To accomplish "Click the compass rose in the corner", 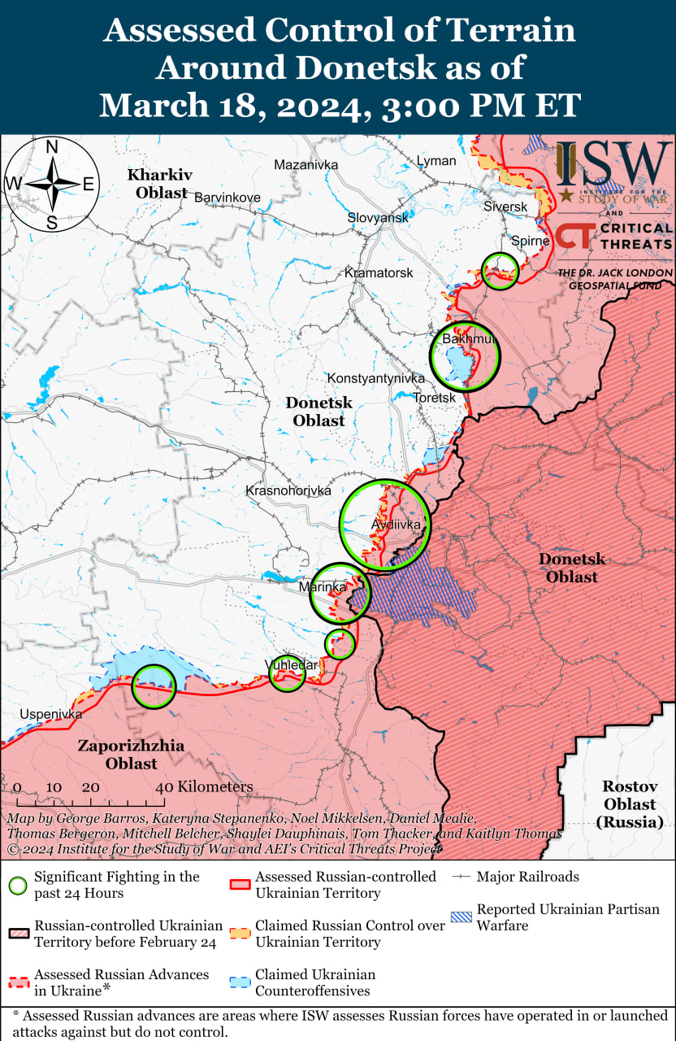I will click(x=51, y=185).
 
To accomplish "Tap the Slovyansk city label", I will click(x=378, y=218).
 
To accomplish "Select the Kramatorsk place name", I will click(x=379, y=272).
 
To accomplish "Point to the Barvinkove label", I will click(x=227, y=198).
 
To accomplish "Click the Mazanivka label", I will click(x=305, y=165).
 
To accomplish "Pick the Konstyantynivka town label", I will click(x=376, y=379).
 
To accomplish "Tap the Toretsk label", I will click(x=435, y=398).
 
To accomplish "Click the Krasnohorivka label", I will click(x=288, y=491).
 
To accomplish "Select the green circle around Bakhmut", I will click(x=465, y=357).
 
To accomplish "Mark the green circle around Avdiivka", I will click(x=384, y=525).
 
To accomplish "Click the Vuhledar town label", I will click(x=291, y=665).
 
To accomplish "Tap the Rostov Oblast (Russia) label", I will click(x=629, y=804).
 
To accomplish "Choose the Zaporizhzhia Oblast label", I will click(x=131, y=755).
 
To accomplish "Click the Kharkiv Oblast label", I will click(x=158, y=184).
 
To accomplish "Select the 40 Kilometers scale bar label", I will click(x=205, y=787).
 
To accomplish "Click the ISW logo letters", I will click(x=614, y=165).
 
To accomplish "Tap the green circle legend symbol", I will click(x=19, y=885).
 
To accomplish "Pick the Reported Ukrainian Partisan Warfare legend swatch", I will click(x=461, y=917).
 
